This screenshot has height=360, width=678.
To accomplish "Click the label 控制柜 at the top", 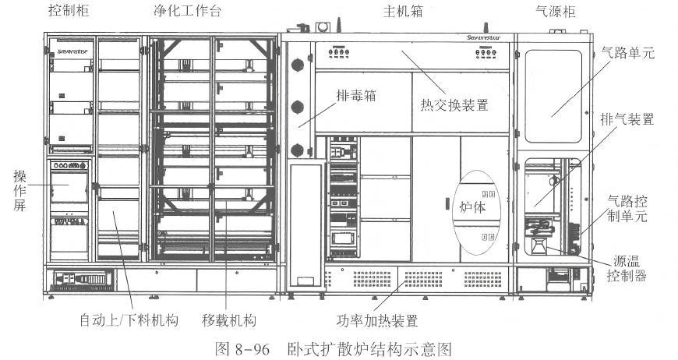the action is pyautogui.click(x=66, y=11).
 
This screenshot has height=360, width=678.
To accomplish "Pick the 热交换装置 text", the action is pyautogui.click(x=455, y=105).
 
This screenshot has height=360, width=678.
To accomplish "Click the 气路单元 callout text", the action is pyautogui.click(x=628, y=56).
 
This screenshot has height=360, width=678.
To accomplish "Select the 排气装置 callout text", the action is pyautogui.click(x=628, y=120).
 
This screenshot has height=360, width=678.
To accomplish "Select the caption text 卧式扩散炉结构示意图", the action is pyautogui.click(x=369, y=348).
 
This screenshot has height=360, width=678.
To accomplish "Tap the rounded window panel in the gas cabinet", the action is pyautogui.click(x=554, y=84).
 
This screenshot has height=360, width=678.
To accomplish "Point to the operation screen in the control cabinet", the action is pyautogui.click(x=69, y=188).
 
